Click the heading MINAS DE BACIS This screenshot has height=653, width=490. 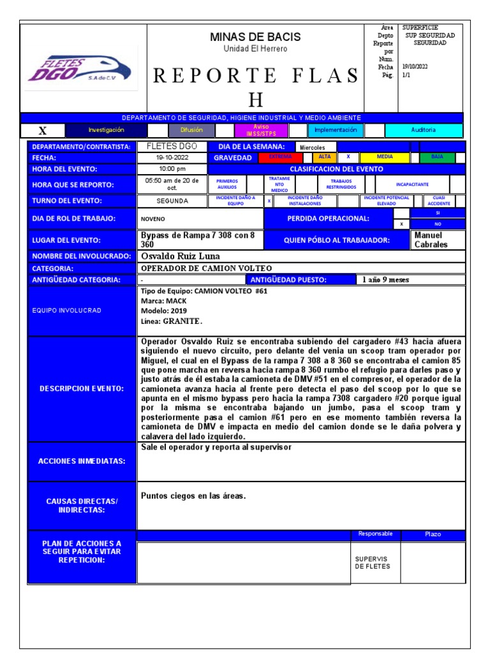pyautogui.click(x=255, y=37)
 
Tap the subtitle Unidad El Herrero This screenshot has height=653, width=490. pyautogui.click(x=255, y=49)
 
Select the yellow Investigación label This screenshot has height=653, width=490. pyautogui.click(x=107, y=130)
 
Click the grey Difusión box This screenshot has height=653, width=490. pyautogui.click(x=191, y=130)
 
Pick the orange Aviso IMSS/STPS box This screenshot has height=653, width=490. pyautogui.click(x=261, y=130)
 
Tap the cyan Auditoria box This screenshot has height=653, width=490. pyautogui.click(x=424, y=130)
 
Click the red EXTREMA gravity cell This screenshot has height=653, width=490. pyautogui.click(x=280, y=157)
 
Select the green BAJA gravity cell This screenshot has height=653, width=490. pyautogui.click(x=437, y=157)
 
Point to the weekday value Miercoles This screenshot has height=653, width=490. pyautogui.click(x=313, y=147)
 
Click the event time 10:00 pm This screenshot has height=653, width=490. pyautogui.click(x=172, y=169)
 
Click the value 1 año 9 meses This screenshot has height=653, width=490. pyautogui.click(x=386, y=279)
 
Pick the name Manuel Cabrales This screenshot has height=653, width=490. pyautogui.click(x=433, y=240)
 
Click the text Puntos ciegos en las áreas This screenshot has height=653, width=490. pyautogui.click(x=193, y=495)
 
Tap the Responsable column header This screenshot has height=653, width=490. pyautogui.click(x=375, y=534)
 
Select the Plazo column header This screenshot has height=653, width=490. pyautogui.click(x=433, y=534)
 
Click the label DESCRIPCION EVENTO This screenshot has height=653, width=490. pyautogui.click(x=82, y=388)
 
